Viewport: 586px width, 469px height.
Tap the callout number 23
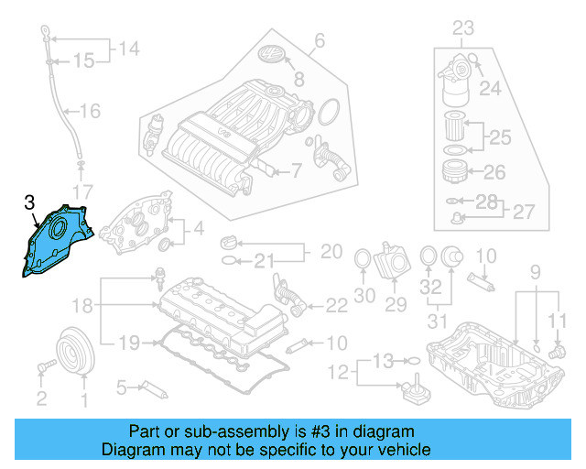pos(463,28)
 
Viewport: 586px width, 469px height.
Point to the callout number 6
pos(320,40)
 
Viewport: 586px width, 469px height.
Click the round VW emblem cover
pos(273,56)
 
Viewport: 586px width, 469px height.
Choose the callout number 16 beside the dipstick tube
pos(90,112)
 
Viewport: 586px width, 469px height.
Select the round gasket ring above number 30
pos(364,261)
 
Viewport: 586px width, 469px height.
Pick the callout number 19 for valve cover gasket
pos(130,343)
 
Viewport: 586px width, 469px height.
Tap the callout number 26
pos(494,171)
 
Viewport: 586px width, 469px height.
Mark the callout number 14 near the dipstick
pos(129,47)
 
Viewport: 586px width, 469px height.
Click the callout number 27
pos(523,212)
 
